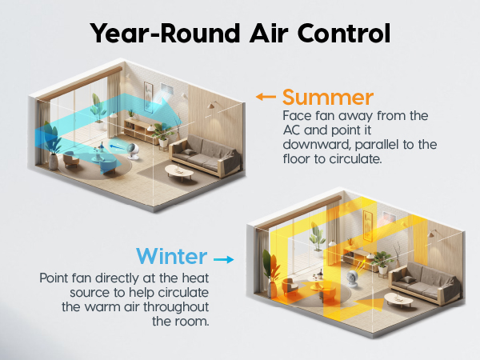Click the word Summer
(328, 98)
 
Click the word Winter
(172, 258)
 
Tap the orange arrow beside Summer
(266, 98)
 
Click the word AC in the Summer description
(292, 130)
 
